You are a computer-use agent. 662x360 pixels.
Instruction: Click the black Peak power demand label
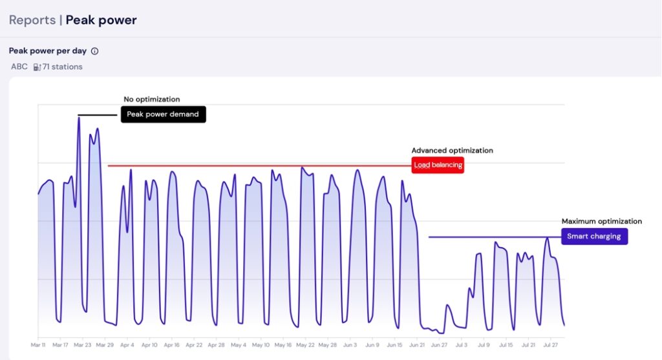(x=163, y=114)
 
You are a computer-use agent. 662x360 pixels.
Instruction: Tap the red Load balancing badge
(x=438, y=165)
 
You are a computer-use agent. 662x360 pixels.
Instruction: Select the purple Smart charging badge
(x=593, y=237)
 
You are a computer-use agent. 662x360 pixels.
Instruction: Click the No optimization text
(x=152, y=100)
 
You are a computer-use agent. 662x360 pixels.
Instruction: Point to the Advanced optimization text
(x=452, y=151)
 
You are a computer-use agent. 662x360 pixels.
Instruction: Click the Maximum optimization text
(x=601, y=222)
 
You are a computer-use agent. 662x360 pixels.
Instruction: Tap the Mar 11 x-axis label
(x=38, y=346)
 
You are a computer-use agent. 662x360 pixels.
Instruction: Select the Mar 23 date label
(x=82, y=346)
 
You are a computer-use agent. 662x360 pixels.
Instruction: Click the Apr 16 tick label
(x=171, y=346)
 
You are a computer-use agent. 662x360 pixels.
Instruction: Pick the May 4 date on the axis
(x=239, y=346)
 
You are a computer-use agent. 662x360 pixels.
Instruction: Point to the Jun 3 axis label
(x=350, y=346)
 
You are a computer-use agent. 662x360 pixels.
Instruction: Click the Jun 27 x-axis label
(x=439, y=346)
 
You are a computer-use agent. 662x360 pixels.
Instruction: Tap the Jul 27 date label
(x=550, y=346)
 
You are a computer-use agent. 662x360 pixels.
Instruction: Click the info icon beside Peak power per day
(x=94, y=51)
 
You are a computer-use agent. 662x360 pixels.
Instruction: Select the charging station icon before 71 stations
(x=37, y=67)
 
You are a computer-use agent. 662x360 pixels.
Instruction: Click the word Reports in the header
(x=32, y=20)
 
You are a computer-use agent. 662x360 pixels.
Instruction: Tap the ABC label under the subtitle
(x=19, y=67)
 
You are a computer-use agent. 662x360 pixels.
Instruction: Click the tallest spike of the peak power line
(x=79, y=119)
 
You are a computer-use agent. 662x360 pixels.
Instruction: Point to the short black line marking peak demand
(x=98, y=115)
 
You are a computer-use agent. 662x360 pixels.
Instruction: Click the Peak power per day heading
(x=48, y=51)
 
